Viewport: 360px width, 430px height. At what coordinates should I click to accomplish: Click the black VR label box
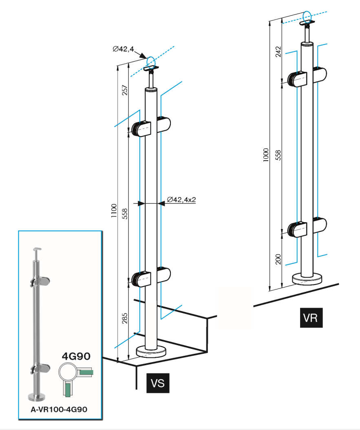point(311,318)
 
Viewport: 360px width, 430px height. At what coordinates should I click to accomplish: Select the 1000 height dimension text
point(266,155)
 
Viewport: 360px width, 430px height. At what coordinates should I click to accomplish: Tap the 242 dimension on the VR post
point(278,51)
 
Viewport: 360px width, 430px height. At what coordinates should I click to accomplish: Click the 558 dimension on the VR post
point(278,155)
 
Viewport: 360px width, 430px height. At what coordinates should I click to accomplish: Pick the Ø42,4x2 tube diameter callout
point(181,200)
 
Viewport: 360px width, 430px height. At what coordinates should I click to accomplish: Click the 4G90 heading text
point(76,355)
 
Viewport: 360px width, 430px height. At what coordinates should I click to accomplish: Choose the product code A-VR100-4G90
point(59,409)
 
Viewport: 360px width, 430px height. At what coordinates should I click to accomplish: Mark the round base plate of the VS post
point(151,352)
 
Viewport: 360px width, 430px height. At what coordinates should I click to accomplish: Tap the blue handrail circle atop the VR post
point(308,16)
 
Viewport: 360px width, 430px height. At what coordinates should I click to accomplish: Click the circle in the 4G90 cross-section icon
point(68,372)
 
